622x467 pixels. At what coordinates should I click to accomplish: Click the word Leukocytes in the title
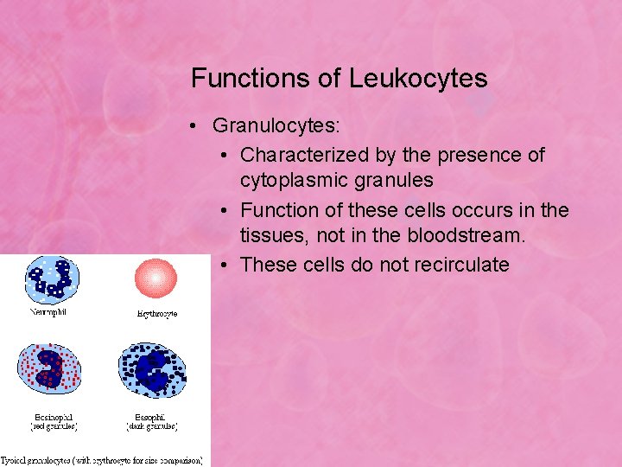[x=418, y=79]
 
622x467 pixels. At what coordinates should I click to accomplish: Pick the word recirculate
[x=458, y=264]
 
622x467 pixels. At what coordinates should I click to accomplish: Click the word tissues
[x=270, y=236]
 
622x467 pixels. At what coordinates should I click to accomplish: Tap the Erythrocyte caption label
[x=156, y=313]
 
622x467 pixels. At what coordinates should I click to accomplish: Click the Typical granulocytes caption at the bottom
[x=104, y=460]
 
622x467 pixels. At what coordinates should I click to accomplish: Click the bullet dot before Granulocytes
[x=198, y=126]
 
